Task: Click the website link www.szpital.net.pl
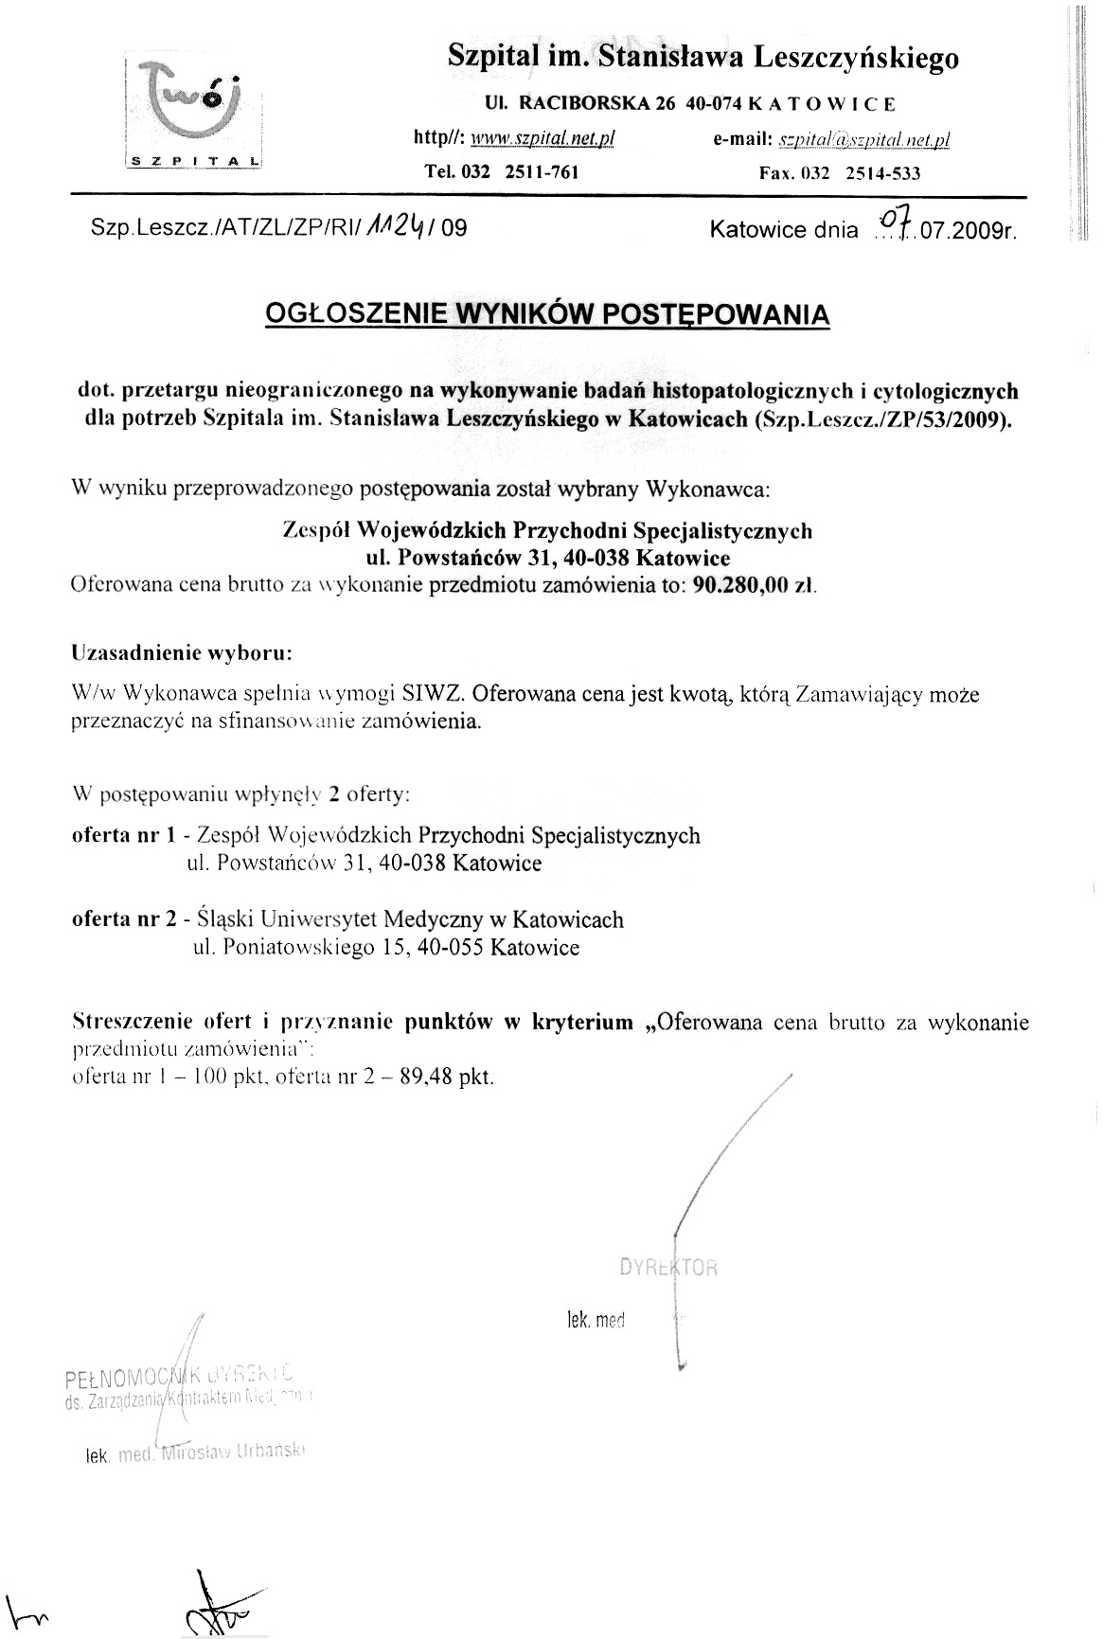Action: [543, 138]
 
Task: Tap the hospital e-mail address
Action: [863, 140]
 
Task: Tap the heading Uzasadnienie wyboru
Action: [182, 653]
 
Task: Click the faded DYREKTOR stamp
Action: [668, 1268]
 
